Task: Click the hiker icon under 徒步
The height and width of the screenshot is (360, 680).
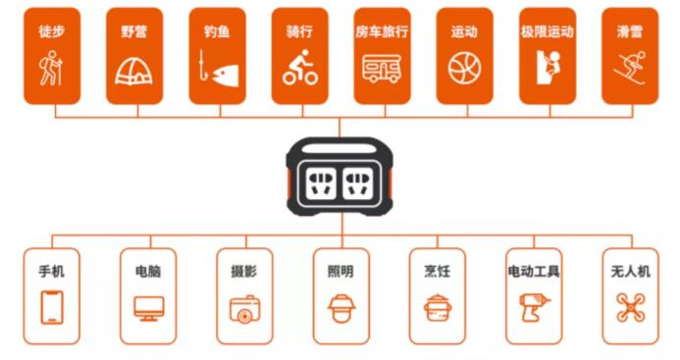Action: (x=51, y=68)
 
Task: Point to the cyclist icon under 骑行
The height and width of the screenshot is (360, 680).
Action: (x=300, y=67)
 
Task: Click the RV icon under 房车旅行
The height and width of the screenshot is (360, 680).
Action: (x=382, y=69)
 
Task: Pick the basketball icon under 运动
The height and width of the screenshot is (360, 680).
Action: (x=464, y=69)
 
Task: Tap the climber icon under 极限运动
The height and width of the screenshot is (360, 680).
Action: (x=548, y=68)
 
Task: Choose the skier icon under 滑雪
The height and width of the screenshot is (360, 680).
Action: (x=630, y=68)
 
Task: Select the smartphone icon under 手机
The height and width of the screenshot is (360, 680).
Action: (x=52, y=307)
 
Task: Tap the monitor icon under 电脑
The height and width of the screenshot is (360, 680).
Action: (x=149, y=308)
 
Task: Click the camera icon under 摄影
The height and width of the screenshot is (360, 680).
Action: (x=244, y=309)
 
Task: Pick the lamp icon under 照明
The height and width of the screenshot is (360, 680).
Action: (x=341, y=308)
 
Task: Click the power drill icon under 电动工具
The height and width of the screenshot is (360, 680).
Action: (x=534, y=307)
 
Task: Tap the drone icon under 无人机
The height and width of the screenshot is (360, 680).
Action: (x=631, y=307)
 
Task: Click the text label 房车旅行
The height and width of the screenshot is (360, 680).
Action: (x=382, y=31)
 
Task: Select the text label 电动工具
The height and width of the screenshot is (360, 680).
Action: (x=534, y=272)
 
